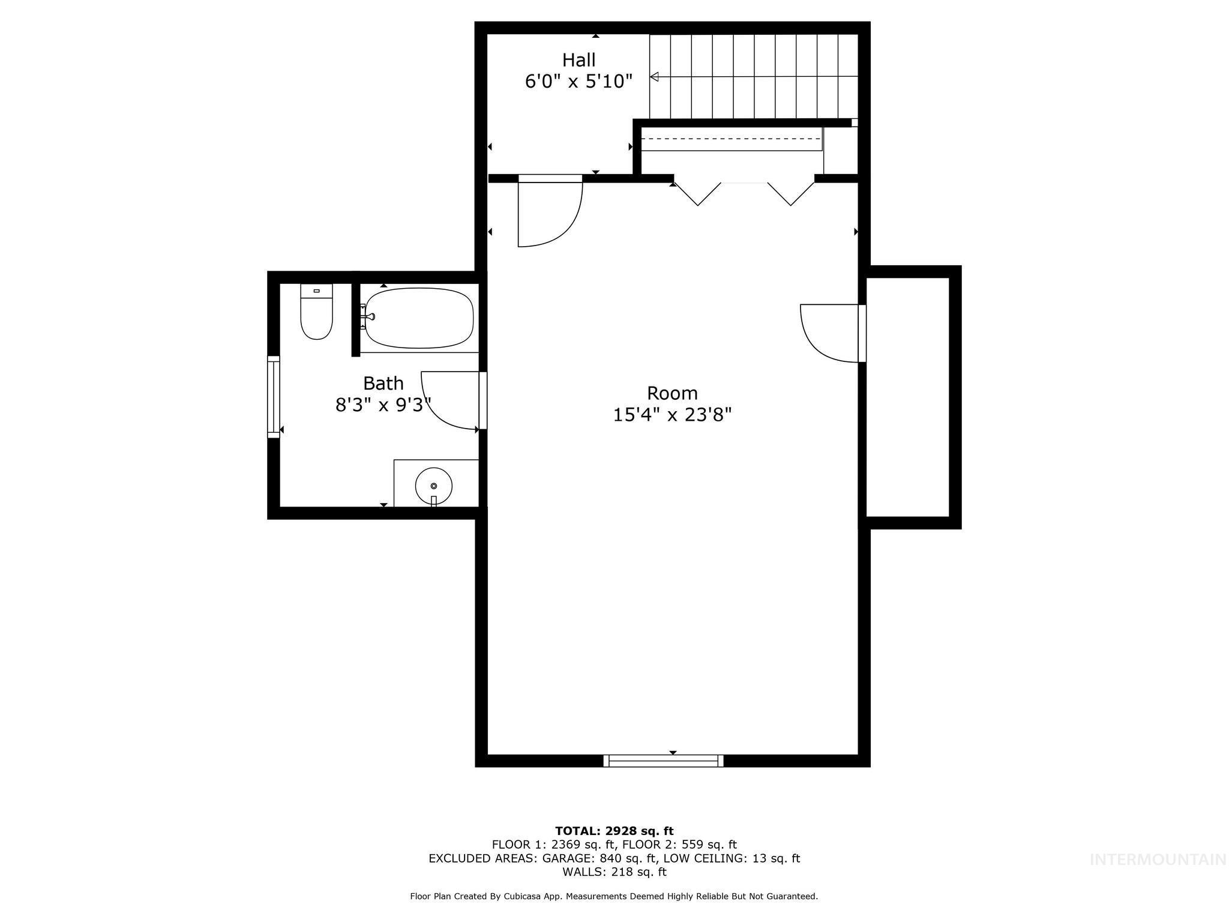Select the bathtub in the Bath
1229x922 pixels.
419,319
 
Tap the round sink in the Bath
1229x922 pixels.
433,485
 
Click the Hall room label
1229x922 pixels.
579,60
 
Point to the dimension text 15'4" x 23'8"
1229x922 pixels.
672,415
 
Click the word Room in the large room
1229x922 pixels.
672,393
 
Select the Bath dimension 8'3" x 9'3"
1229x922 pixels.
383,405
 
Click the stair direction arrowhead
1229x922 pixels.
655,77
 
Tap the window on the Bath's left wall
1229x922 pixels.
274,396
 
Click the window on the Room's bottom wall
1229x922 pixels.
663,761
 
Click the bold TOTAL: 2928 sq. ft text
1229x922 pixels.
614,831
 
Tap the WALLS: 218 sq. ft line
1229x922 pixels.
614,872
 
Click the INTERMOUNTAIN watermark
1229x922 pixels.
1158,860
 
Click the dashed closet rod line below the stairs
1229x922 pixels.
731,139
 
